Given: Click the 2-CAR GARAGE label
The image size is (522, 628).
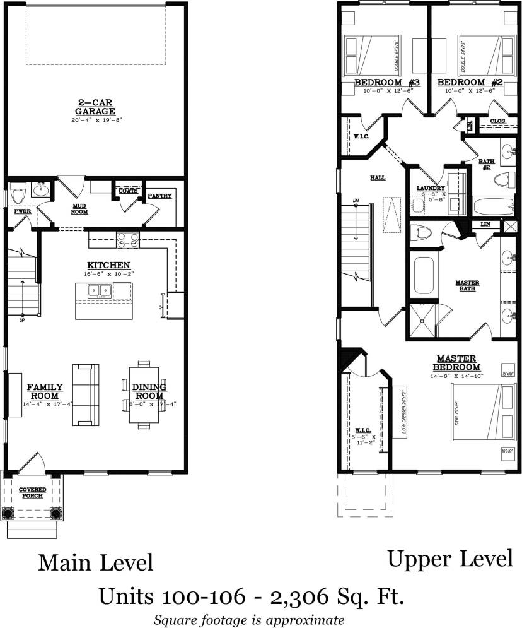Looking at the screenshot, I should (x=96, y=105).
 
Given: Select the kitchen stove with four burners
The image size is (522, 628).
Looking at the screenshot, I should (x=127, y=239).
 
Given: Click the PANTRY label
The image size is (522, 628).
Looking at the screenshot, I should (x=159, y=196).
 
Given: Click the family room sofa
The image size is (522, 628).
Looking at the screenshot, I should (x=86, y=394).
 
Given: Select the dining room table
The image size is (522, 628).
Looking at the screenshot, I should (x=144, y=395).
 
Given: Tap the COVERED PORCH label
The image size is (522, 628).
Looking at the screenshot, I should (x=31, y=492).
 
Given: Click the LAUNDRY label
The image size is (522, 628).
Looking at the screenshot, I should (x=431, y=189).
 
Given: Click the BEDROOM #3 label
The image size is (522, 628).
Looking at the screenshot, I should (x=378, y=83).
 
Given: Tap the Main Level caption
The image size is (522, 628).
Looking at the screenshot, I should (x=96, y=561).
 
